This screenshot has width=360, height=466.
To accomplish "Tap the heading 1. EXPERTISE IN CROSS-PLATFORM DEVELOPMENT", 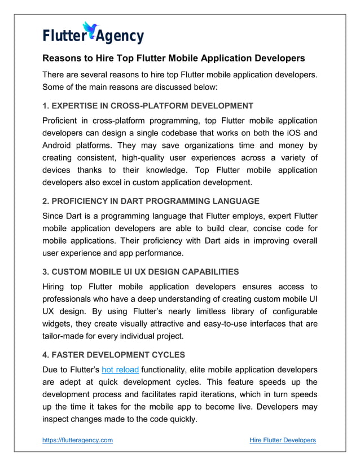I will click(148, 105).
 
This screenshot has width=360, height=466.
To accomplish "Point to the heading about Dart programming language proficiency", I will click(151, 201).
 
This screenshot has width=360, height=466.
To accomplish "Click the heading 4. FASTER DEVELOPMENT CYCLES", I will click(115, 355).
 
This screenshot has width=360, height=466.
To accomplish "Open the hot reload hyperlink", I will click(120, 370).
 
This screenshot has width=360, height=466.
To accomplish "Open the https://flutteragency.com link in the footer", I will click(78, 440).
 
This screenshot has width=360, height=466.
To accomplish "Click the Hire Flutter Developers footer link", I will click(282, 440).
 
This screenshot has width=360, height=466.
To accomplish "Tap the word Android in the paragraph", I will click(58, 146).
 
